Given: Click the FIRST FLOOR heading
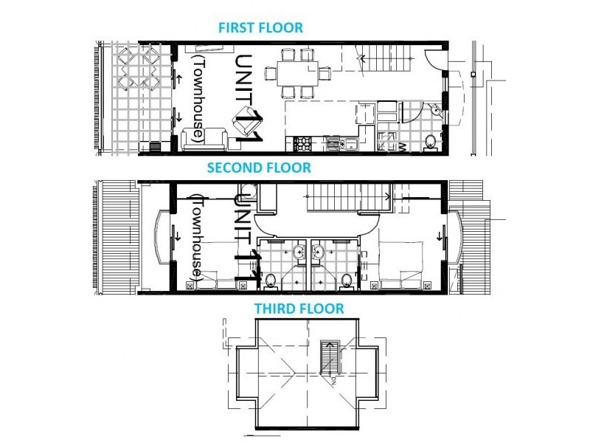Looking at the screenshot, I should click(260, 28).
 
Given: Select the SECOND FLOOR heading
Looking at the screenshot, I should click(259, 168).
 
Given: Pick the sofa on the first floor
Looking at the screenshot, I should click(204, 138).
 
